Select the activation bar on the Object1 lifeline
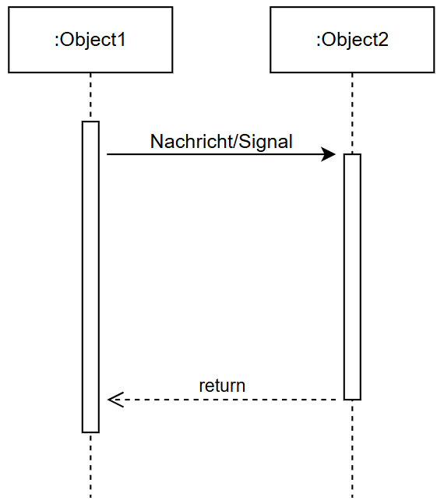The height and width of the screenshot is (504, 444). coord(90,277)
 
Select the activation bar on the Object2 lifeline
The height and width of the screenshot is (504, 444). coord(352,277)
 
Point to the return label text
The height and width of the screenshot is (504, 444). coord(222,386)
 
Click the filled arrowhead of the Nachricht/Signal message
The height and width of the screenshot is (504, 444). coord(329,154)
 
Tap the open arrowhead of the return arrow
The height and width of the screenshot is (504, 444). coord(115,400)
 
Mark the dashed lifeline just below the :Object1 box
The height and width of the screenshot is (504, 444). coord(90,97)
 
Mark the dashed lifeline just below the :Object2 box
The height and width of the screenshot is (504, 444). coord(352,113)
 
